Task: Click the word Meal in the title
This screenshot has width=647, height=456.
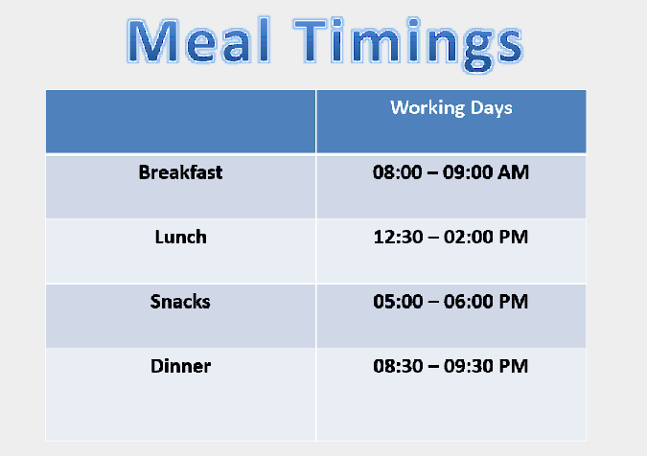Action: (198, 41)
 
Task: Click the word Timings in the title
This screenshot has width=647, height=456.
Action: (408, 44)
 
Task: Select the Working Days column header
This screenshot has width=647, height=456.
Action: (451, 108)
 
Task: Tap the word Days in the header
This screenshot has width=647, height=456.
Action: (492, 108)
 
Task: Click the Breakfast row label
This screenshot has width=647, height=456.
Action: (181, 172)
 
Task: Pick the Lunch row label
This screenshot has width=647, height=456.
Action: (181, 237)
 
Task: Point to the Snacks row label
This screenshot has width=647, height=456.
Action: (180, 302)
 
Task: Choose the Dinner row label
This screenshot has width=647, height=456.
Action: (181, 366)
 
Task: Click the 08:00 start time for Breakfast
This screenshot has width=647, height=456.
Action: (398, 172)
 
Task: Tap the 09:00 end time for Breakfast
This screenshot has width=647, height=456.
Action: (468, 172)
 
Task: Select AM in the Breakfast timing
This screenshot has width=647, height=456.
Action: (513, 172)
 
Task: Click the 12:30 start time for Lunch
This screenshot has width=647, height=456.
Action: (398, 237)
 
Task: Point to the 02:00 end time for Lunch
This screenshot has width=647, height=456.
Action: (469, 237)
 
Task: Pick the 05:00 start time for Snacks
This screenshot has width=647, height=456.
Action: (398, 302)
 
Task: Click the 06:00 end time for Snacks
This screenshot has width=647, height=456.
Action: (469, 302)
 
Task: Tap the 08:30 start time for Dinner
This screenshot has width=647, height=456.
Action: (398, 366)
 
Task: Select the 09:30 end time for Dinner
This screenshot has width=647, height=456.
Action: (469, 366)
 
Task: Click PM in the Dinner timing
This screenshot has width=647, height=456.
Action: (514, 366)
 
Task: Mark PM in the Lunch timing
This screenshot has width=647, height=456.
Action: (514, 237)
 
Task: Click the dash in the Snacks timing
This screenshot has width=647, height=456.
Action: (433, 302)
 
